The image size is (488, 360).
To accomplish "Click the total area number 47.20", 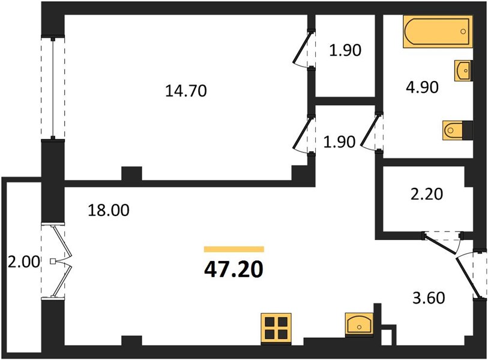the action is tap(233, 269).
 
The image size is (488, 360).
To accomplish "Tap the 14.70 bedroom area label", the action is tap(186, 91).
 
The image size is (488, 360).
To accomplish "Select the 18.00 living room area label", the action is tap(108, 211).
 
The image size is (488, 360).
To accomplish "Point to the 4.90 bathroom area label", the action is tap(422, 87).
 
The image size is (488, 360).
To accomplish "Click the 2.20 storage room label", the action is tap(426, 194).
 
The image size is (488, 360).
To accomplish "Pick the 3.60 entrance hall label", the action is tap(429, 298).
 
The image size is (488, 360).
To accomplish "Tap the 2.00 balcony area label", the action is tap(24, 262).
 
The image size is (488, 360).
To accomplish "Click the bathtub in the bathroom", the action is tap(438, 32).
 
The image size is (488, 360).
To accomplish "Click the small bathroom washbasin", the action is tap(463, 71).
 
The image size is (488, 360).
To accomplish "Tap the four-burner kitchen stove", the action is tap(276, 329).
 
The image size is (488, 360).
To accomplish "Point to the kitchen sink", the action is tap(359, 323).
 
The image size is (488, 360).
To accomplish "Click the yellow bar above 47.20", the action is tap(234, 249).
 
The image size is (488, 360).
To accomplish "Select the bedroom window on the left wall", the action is tap(53, 88).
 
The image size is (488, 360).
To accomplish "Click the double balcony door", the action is tap(59, 262).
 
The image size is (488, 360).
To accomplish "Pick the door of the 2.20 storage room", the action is tap(439, 245).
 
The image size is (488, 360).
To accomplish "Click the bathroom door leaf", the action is tap(370, 131).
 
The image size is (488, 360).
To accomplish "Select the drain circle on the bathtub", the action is tap(463, 31).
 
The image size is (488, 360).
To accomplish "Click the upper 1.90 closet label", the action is tap(345, 50).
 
